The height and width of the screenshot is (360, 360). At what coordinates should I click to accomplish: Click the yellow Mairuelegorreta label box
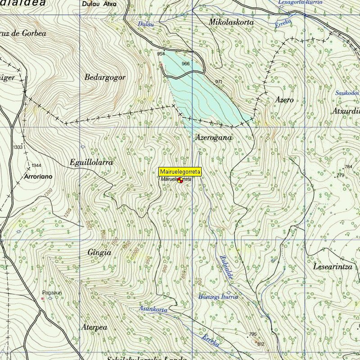click(180, 171)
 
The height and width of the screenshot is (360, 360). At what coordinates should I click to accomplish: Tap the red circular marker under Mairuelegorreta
click(180, 180)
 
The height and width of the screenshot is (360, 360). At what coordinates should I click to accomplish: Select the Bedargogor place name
click(105, 77)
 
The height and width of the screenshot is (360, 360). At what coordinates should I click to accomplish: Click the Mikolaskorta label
click(231, 22)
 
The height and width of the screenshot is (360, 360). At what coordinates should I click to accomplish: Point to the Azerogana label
click(214, 138)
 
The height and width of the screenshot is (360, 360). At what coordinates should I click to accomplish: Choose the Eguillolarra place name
click(91, 162)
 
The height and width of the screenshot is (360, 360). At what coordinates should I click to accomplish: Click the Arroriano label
click(38, 177)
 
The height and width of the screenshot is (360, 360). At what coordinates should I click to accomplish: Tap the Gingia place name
click(99, 252)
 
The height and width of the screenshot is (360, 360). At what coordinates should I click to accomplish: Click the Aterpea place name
click(94, 327)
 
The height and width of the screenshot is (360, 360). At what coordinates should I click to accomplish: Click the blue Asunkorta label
click(153, 309)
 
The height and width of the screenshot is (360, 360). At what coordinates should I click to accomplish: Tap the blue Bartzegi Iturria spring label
click(218, 297)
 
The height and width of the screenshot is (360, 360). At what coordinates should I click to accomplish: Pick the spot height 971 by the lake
click(219, 81)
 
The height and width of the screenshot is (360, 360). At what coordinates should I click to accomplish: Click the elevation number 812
click(261, 344)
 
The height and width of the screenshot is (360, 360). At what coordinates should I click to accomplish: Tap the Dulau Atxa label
click(99, 4)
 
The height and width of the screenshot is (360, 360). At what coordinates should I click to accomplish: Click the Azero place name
click(285, 100)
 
